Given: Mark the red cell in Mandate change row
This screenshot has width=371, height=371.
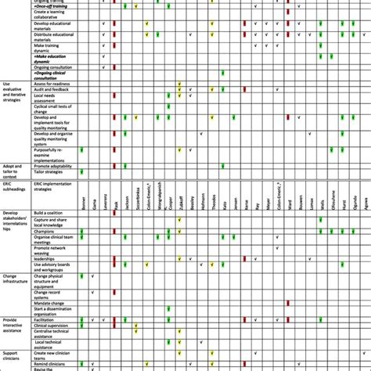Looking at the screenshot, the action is [x=289, y=301].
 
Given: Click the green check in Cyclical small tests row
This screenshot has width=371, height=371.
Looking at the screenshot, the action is [x=168, y=107].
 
